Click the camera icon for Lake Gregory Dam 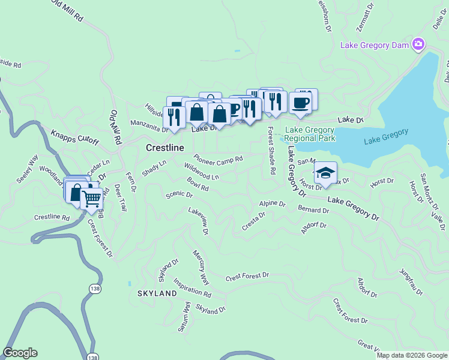(418, 44)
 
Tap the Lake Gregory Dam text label (375, 45)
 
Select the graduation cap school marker (325, 173)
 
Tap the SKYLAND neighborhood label (157, 293)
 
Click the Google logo (20, 353)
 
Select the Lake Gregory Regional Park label (310, 134)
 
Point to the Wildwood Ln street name (202, 173)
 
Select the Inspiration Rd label (192, 287)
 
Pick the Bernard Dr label (313, 210)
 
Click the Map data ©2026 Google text (411, 355)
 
